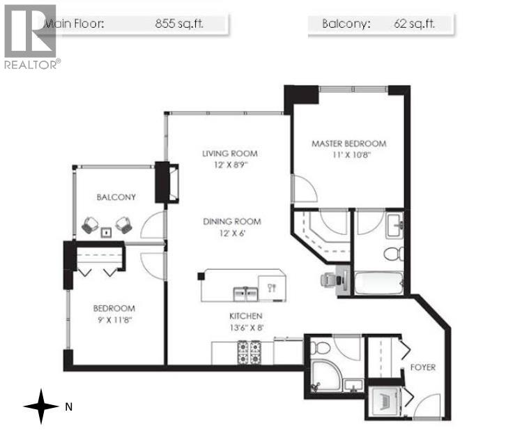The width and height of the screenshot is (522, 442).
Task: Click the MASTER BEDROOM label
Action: pyautogui.click(x=348, y=144)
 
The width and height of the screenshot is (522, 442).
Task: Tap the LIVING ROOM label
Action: pyautogui.click(x=230, y=153)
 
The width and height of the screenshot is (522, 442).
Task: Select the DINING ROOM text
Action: pyautogui.click(x=232, y=222)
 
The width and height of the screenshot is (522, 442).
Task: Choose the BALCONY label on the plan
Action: pyautogui.click(x=116, y=197)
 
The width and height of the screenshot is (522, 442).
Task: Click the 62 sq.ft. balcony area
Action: pyautogui.click(x=416, y=23)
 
